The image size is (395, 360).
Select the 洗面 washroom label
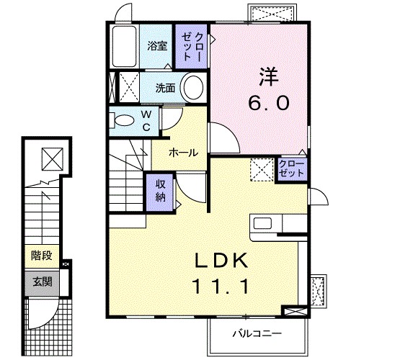click(x=167, y=89)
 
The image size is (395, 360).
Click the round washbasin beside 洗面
click(x=192, y=89)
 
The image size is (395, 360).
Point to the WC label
click(x=146, y=120)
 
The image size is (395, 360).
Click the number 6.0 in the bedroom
click(x=270, y=103)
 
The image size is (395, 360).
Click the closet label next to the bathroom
click(x=193, y=45)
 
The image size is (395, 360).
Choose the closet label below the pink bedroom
click(x=291, y=169)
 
